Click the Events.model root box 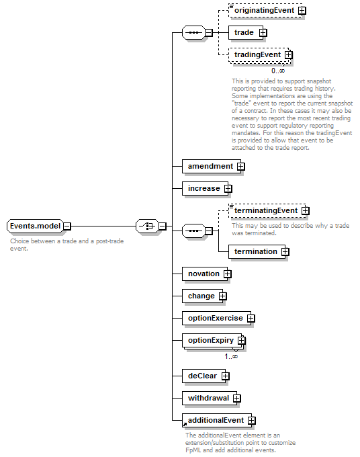click(35, 226)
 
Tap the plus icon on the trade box click(263, 33)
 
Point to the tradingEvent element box click(259, 55)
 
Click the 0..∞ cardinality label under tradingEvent click(278, 71)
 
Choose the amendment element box click(212, 167)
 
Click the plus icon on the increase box click(228, 189)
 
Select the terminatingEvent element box click(267, 211)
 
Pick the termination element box click(257, 252)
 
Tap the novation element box click(205, 274)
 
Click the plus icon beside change click(223, 296)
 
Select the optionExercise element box click(216, 319)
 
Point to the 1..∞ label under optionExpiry click(231, 356)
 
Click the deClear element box click(204, 376)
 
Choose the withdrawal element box click(210, 398)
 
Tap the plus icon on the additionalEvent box click(252, 421)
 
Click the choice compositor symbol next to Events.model click(148, 226)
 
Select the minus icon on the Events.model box click(67, 226)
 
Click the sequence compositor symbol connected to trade click(193, 33)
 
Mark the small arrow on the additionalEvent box click(185, 424)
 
